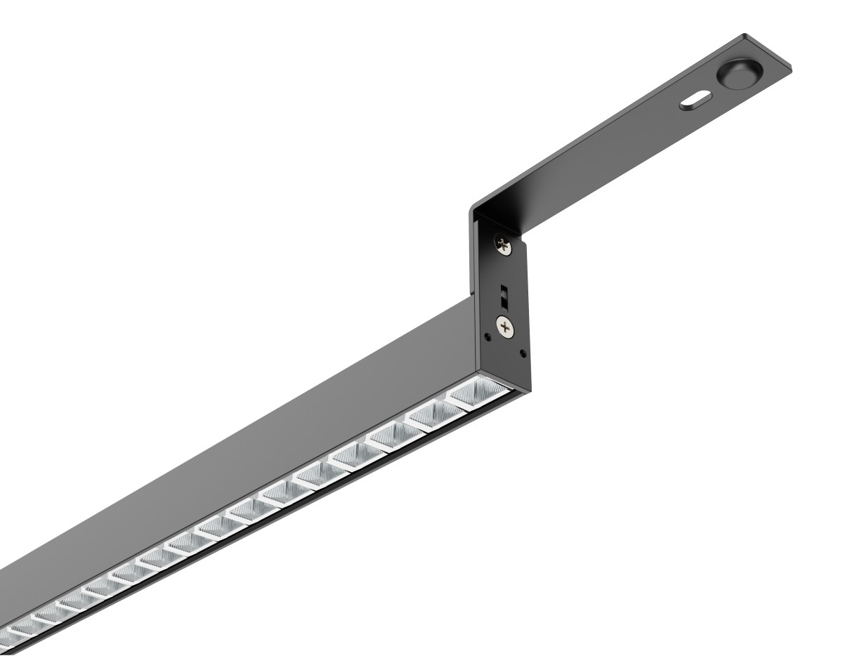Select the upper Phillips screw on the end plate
tap(503, 245)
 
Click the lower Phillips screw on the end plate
tap(504, 325)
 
